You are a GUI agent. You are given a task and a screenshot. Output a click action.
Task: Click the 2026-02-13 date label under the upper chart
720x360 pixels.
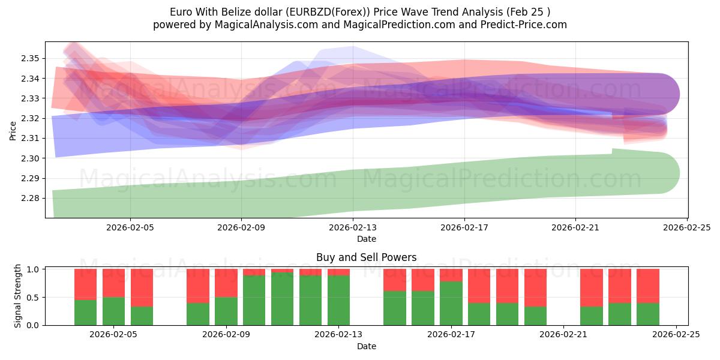pos(353,227)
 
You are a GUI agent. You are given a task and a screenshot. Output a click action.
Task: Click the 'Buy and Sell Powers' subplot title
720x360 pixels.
pos(367,257)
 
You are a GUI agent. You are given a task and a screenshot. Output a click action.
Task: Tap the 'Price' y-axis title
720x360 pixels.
pos(13,130)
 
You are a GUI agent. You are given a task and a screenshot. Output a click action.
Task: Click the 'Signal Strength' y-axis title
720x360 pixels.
pos(18,295)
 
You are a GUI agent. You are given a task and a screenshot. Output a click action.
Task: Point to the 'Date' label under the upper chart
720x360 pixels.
pos(367,239)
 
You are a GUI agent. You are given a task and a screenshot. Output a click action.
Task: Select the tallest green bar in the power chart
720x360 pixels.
pos(282,299)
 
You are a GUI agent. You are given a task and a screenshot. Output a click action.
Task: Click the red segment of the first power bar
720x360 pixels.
pos(85,284)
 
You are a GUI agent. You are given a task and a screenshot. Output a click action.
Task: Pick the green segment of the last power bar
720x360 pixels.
pos(648,314)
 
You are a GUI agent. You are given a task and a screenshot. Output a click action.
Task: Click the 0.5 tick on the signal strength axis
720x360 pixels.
pos(34,298)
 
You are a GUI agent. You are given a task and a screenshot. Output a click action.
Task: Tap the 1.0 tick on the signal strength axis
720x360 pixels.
pos(34,269)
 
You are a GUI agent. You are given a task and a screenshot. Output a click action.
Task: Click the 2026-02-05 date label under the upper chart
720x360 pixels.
pos(130,227)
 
